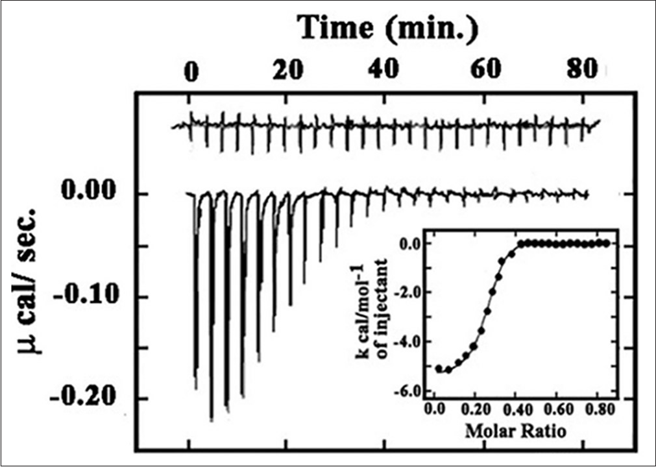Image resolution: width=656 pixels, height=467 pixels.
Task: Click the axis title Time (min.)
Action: pos(388,29)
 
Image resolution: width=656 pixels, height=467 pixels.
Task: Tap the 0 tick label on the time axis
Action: pos(190,71)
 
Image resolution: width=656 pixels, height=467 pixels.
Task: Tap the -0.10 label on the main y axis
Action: pos(86,296)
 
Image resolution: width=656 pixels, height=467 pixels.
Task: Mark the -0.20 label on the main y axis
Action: pos(86,397)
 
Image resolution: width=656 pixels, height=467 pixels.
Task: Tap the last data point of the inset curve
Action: pos(606,243)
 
